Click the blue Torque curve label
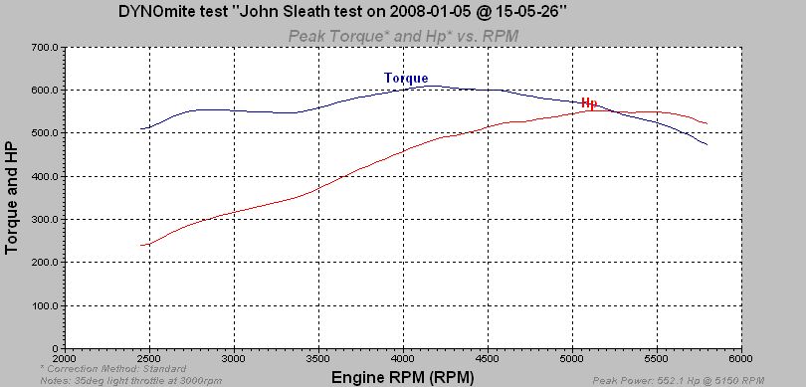click(x=406, y=79)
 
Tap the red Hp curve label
click(x=588, y=102)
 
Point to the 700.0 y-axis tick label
click(x=45, y=47)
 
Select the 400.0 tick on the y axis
click(x=45, y=176)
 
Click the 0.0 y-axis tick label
click(x=51, y=348)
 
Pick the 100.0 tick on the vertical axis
click(x=45, y=305)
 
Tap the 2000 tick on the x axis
click(x=65, y=359)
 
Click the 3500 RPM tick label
click(x=318, y=359)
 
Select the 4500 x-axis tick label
click(x=487, y=359)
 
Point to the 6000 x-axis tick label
click(x=739, y=359)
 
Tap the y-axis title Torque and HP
click(x=12, y=196)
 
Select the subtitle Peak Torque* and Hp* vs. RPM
click(x=403, y=37)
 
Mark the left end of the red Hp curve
click(x=141, y=245)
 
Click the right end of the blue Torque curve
click(x=706, y=145)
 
